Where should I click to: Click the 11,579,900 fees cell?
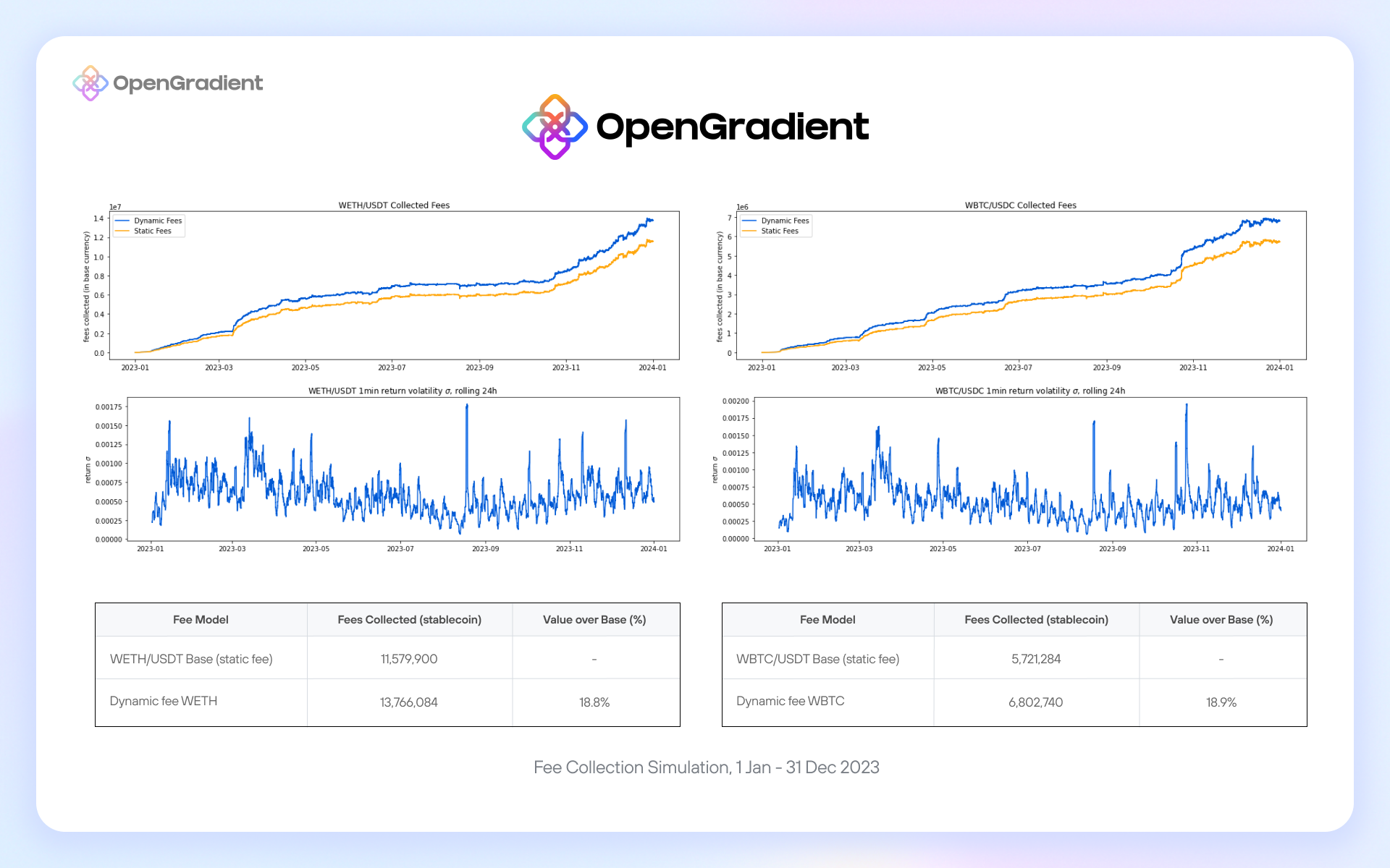(x=409, y=659)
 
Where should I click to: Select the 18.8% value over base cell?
(x=594, y=702)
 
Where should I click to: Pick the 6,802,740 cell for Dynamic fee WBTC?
(x=1035, y=702)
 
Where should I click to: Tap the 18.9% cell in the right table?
(x=1221, y=702)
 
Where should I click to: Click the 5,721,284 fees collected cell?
(x=1036, y=659)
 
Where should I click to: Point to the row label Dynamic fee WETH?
(x=164, y=701)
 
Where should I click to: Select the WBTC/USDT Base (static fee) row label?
(x=817, y=659)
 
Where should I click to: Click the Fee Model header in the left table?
(x=201, y=620)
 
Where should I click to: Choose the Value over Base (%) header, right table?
(x=1221, y=620)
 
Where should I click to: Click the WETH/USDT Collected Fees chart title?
(x=394, y=205)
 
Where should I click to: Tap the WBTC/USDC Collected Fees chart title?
(x=1020, y=205)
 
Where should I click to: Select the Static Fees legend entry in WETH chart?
(x=152, y=231)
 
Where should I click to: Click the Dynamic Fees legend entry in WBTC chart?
(x=785, y=221)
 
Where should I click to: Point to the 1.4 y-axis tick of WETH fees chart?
(x=98, y=218)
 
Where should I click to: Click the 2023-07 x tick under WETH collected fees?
(x=392, y=367)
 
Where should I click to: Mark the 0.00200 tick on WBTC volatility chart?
(x=736, y=401)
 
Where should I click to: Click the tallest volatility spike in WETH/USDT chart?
(x=467, y=406)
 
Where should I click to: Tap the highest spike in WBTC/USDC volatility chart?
(x=1187, y=406)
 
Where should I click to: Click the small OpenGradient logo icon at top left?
(x=90, y=83)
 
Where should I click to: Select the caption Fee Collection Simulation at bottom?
(x=706, y=767)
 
